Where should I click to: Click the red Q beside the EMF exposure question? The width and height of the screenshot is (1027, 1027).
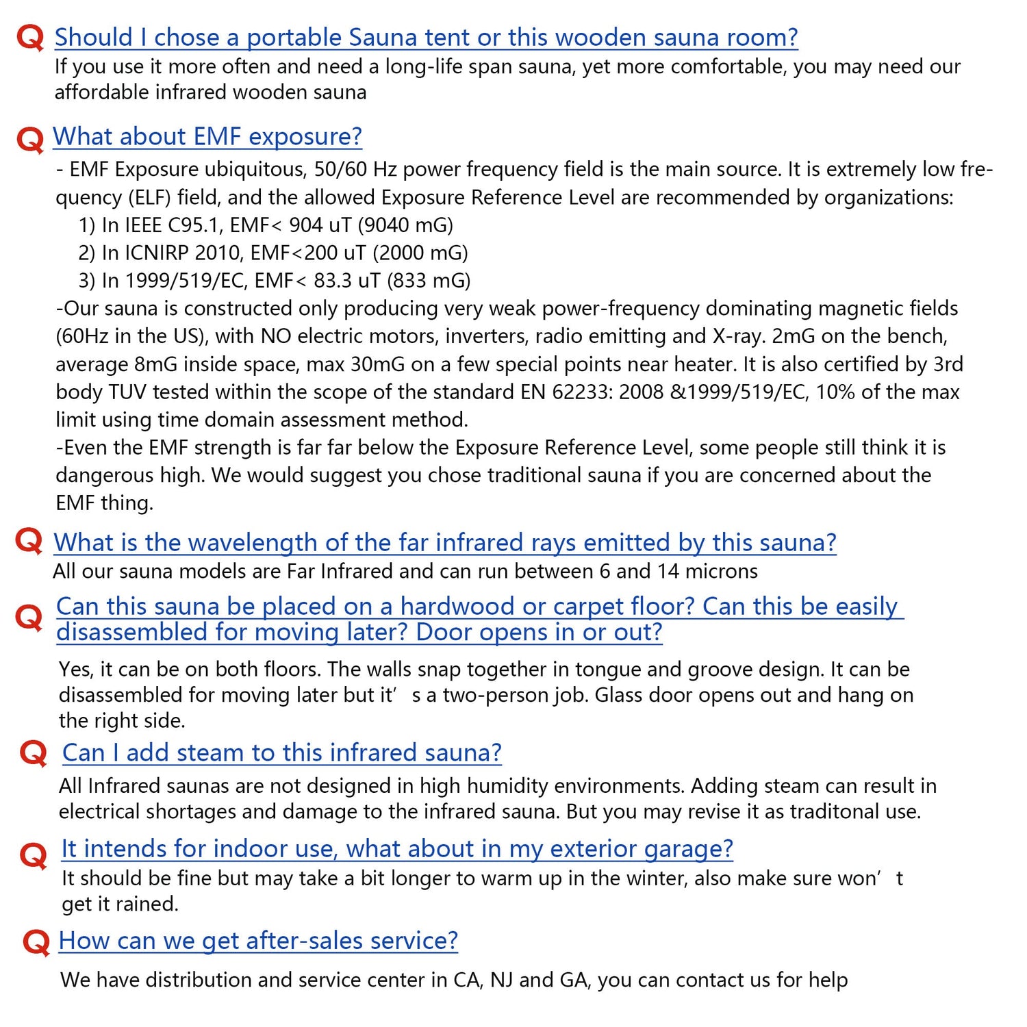tap(29, 139)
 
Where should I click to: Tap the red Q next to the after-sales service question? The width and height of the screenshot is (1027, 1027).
tap(36, 942)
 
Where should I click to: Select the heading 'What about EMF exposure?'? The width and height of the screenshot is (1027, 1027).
tap(207, 136)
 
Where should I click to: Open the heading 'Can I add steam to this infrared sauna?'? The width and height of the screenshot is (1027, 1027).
tap(281, 752)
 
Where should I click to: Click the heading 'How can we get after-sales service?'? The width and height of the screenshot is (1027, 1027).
tap(258, 940)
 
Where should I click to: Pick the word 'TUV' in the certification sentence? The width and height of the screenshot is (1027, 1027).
tap(129, 392)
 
